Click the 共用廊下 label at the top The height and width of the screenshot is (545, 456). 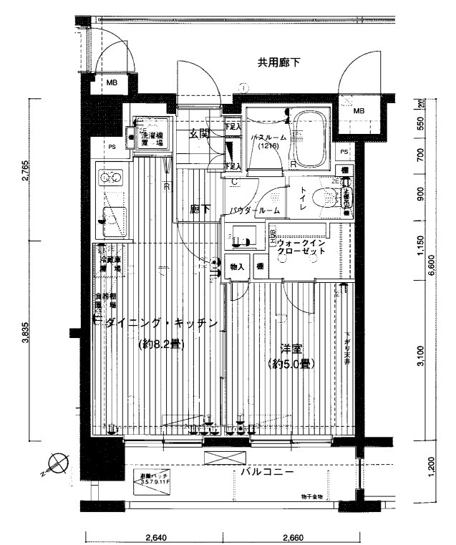(278, 64)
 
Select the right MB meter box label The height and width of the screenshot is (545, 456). (358, 111)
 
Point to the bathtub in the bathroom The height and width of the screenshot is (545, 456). (311, 137)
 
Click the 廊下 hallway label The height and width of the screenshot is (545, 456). (200, 209)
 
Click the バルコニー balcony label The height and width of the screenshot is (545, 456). (266, 473)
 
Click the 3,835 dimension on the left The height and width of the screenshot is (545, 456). (26, 342)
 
